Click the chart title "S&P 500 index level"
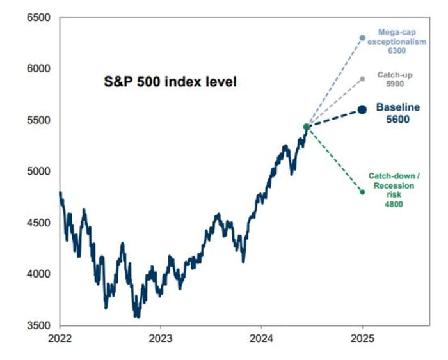[171, 82]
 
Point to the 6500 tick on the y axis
[38, 17]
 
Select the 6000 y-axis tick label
[38, 68]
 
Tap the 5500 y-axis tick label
[38, 120]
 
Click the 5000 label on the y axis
[38, 171]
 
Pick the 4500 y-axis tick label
[38, 223]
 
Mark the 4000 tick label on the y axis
[38, 274]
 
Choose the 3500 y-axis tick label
[38, 325]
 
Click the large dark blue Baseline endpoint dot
[362, 109]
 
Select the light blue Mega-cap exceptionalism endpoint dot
[362, 38]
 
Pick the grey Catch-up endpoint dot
[362, 79]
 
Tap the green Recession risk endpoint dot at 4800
[362, 192]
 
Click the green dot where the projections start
[307, 127]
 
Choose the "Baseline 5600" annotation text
[392, 113]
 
